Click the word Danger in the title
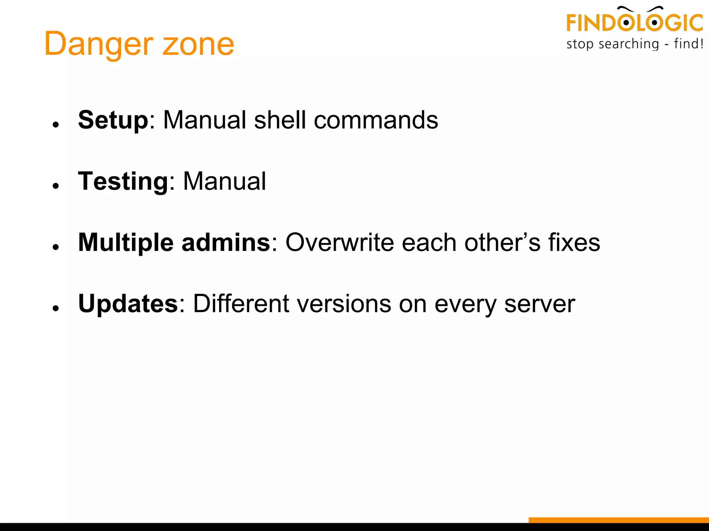point(98,44)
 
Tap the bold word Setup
point(113,120)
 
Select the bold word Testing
point(123,181)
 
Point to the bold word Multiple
point(126,243)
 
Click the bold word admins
point(226,243)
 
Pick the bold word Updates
point(128,304)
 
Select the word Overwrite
point(339,243)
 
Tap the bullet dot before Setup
point(56,124)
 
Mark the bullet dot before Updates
point(56,308)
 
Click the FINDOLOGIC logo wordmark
point(634,22)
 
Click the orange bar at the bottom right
point(618,520)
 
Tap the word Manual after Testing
point(224,181)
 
